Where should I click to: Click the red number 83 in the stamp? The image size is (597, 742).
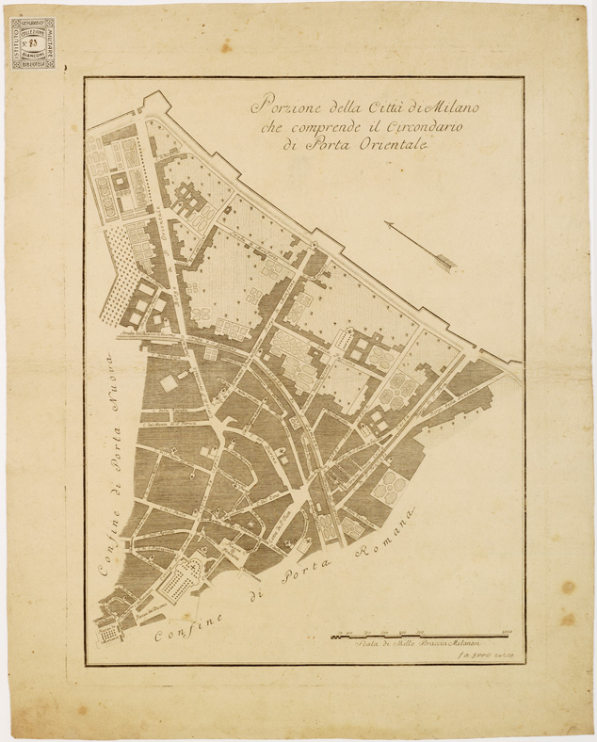click(x=33, y=42)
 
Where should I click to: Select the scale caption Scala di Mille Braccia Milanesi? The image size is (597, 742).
click(x=405, y=643)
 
